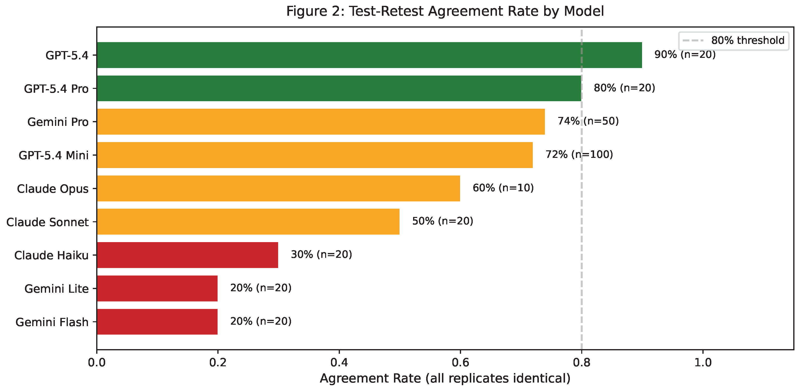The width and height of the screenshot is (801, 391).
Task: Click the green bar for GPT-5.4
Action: (369, 55)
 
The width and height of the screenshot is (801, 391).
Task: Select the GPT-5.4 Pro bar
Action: (339, 88)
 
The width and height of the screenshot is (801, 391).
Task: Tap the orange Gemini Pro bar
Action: (321, 122)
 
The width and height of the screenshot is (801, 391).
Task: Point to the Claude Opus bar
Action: (279, 188)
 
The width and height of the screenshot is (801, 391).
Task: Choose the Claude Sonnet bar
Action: (248, 222)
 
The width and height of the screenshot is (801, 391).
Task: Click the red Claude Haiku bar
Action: (188, 255)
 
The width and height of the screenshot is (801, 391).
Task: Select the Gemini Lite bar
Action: (157, 288)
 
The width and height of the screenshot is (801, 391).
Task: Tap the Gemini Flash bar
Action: (157, 322)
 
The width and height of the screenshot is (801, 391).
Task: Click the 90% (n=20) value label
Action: (685, 55)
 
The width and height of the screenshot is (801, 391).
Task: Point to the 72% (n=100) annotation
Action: (579, 154)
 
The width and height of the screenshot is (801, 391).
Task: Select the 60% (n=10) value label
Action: (503, 188)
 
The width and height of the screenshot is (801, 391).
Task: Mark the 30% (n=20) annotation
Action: (321, 254)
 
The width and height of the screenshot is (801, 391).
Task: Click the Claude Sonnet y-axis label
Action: (47, 222)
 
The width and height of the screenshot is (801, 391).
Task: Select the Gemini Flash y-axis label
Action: (52, 322)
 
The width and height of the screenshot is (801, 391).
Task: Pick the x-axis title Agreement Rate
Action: (445, 379)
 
